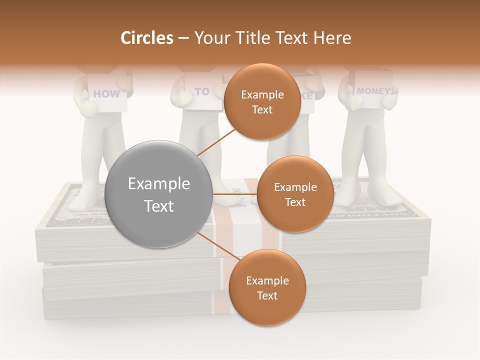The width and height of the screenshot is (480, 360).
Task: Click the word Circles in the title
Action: tap(146, 38)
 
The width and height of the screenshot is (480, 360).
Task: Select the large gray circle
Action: tap(159, 194)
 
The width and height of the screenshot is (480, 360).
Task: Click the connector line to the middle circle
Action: tap(235, 194)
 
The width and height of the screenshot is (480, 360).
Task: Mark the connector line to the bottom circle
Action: tap(217, 247)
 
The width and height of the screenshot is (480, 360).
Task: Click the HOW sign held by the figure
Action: tap(106, 93)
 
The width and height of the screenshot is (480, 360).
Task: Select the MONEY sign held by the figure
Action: tap(373, 91)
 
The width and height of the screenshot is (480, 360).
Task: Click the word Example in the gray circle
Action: tap(159, 184)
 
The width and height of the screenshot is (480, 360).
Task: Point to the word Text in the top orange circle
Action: tap(262, 110)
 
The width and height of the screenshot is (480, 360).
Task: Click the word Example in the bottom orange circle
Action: tap(267, 281)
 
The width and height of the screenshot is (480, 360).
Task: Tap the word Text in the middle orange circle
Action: tap(295, 202)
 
